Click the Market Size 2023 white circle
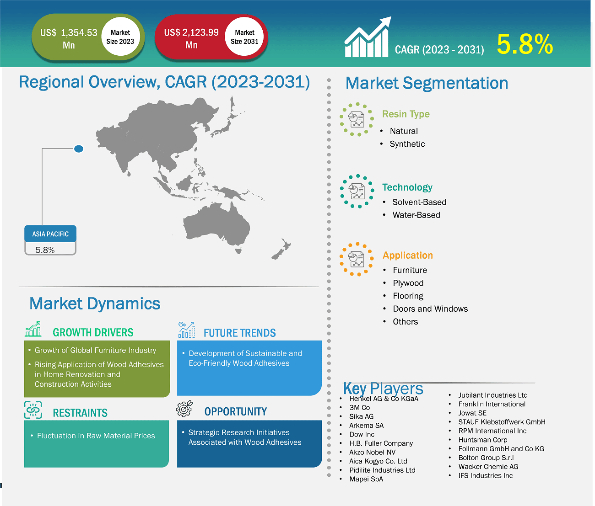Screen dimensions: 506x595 click(120, 37)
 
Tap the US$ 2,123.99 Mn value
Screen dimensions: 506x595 click(191, 38)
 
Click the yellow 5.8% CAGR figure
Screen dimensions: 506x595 click(525, 44)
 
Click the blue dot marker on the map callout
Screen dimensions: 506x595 click(79, 149)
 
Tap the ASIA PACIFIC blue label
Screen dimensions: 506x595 click(50, 234)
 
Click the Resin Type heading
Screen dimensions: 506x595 click(406, 114)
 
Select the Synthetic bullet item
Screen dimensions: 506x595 click(407, 144)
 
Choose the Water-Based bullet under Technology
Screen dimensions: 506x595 click(416, 215)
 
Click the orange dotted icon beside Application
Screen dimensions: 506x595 click(357, 259)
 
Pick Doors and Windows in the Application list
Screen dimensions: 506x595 click(430, 309)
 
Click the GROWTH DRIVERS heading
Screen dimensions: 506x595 click(93, 332)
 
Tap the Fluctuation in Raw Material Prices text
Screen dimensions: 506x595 click(96, 436)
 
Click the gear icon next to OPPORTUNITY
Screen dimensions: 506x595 click(184, 409)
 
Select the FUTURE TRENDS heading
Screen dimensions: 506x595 click(239, 333)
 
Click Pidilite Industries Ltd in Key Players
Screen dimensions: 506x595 click(382, 470)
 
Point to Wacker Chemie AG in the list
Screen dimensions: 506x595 click(488, 466)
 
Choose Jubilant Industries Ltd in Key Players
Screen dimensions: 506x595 click(492, 395)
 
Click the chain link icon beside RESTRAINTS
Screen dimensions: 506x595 click(33, 410)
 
